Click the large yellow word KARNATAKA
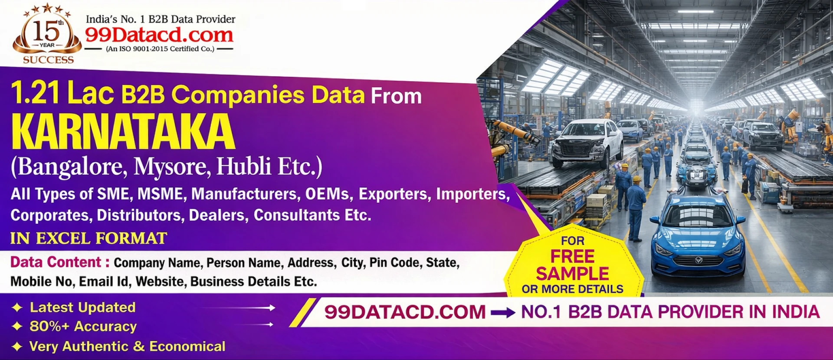coord(123,132)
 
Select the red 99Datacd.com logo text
coord(159,35)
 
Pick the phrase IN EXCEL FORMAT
coord(89,238)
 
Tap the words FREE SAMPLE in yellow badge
coord(573,265)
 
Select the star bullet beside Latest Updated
coord(17,308)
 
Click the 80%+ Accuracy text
coord(83,326)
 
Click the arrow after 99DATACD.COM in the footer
coord(503,312)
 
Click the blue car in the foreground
coord(697,236)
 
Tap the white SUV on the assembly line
coord(587,143)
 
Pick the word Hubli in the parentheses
coord(244,166)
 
